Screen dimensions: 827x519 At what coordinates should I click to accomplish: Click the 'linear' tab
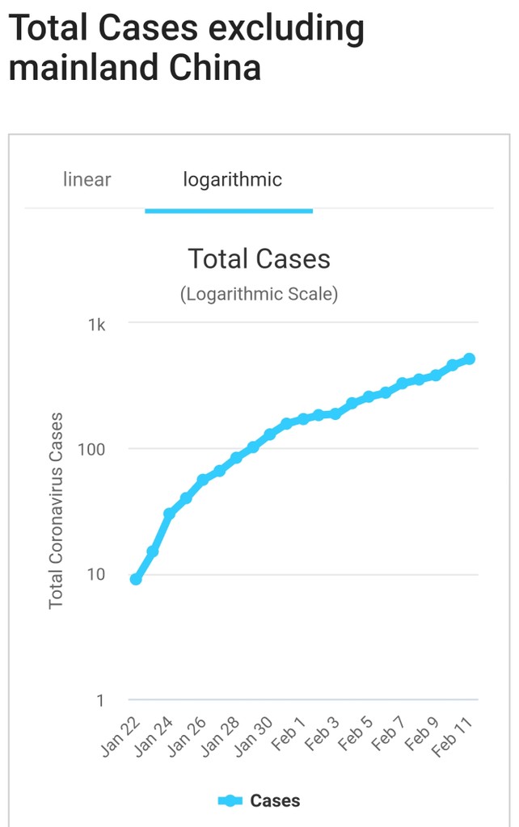pyautogui.click(x=86, y=179)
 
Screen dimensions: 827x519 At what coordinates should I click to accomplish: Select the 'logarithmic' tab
pyautogui.click(x=233, y=179)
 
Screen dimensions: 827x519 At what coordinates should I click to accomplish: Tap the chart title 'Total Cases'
pyautogui.click(x=259, y=258)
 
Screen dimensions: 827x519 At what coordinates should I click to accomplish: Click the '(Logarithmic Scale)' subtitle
pyautogui.click(x=259, y=294)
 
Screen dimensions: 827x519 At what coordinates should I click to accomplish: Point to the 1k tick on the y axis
pyautogui.click(x=97, y=325)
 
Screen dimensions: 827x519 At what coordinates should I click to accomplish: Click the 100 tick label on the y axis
pyautogui.click(x=92, y=449)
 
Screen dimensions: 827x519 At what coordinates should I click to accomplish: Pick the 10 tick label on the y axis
pyautogui.click(x=96, y=574)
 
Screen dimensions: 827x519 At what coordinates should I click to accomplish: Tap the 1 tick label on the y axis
pyautogui.click(x=100, y=700)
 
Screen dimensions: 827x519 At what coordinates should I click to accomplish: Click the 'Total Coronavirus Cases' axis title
pyautogui.click(x=56, y=510)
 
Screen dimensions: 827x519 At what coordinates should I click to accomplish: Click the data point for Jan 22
pyautogui.click(x=136, y=579)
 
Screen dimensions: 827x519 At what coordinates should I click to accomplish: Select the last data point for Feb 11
pyautogui.click(x=469, y=359)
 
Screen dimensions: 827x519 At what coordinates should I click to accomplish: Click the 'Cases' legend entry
pyautogui.click(x=259, y=801)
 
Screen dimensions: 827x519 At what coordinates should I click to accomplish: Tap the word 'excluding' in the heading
pyautogui.click(x=285, y=29)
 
